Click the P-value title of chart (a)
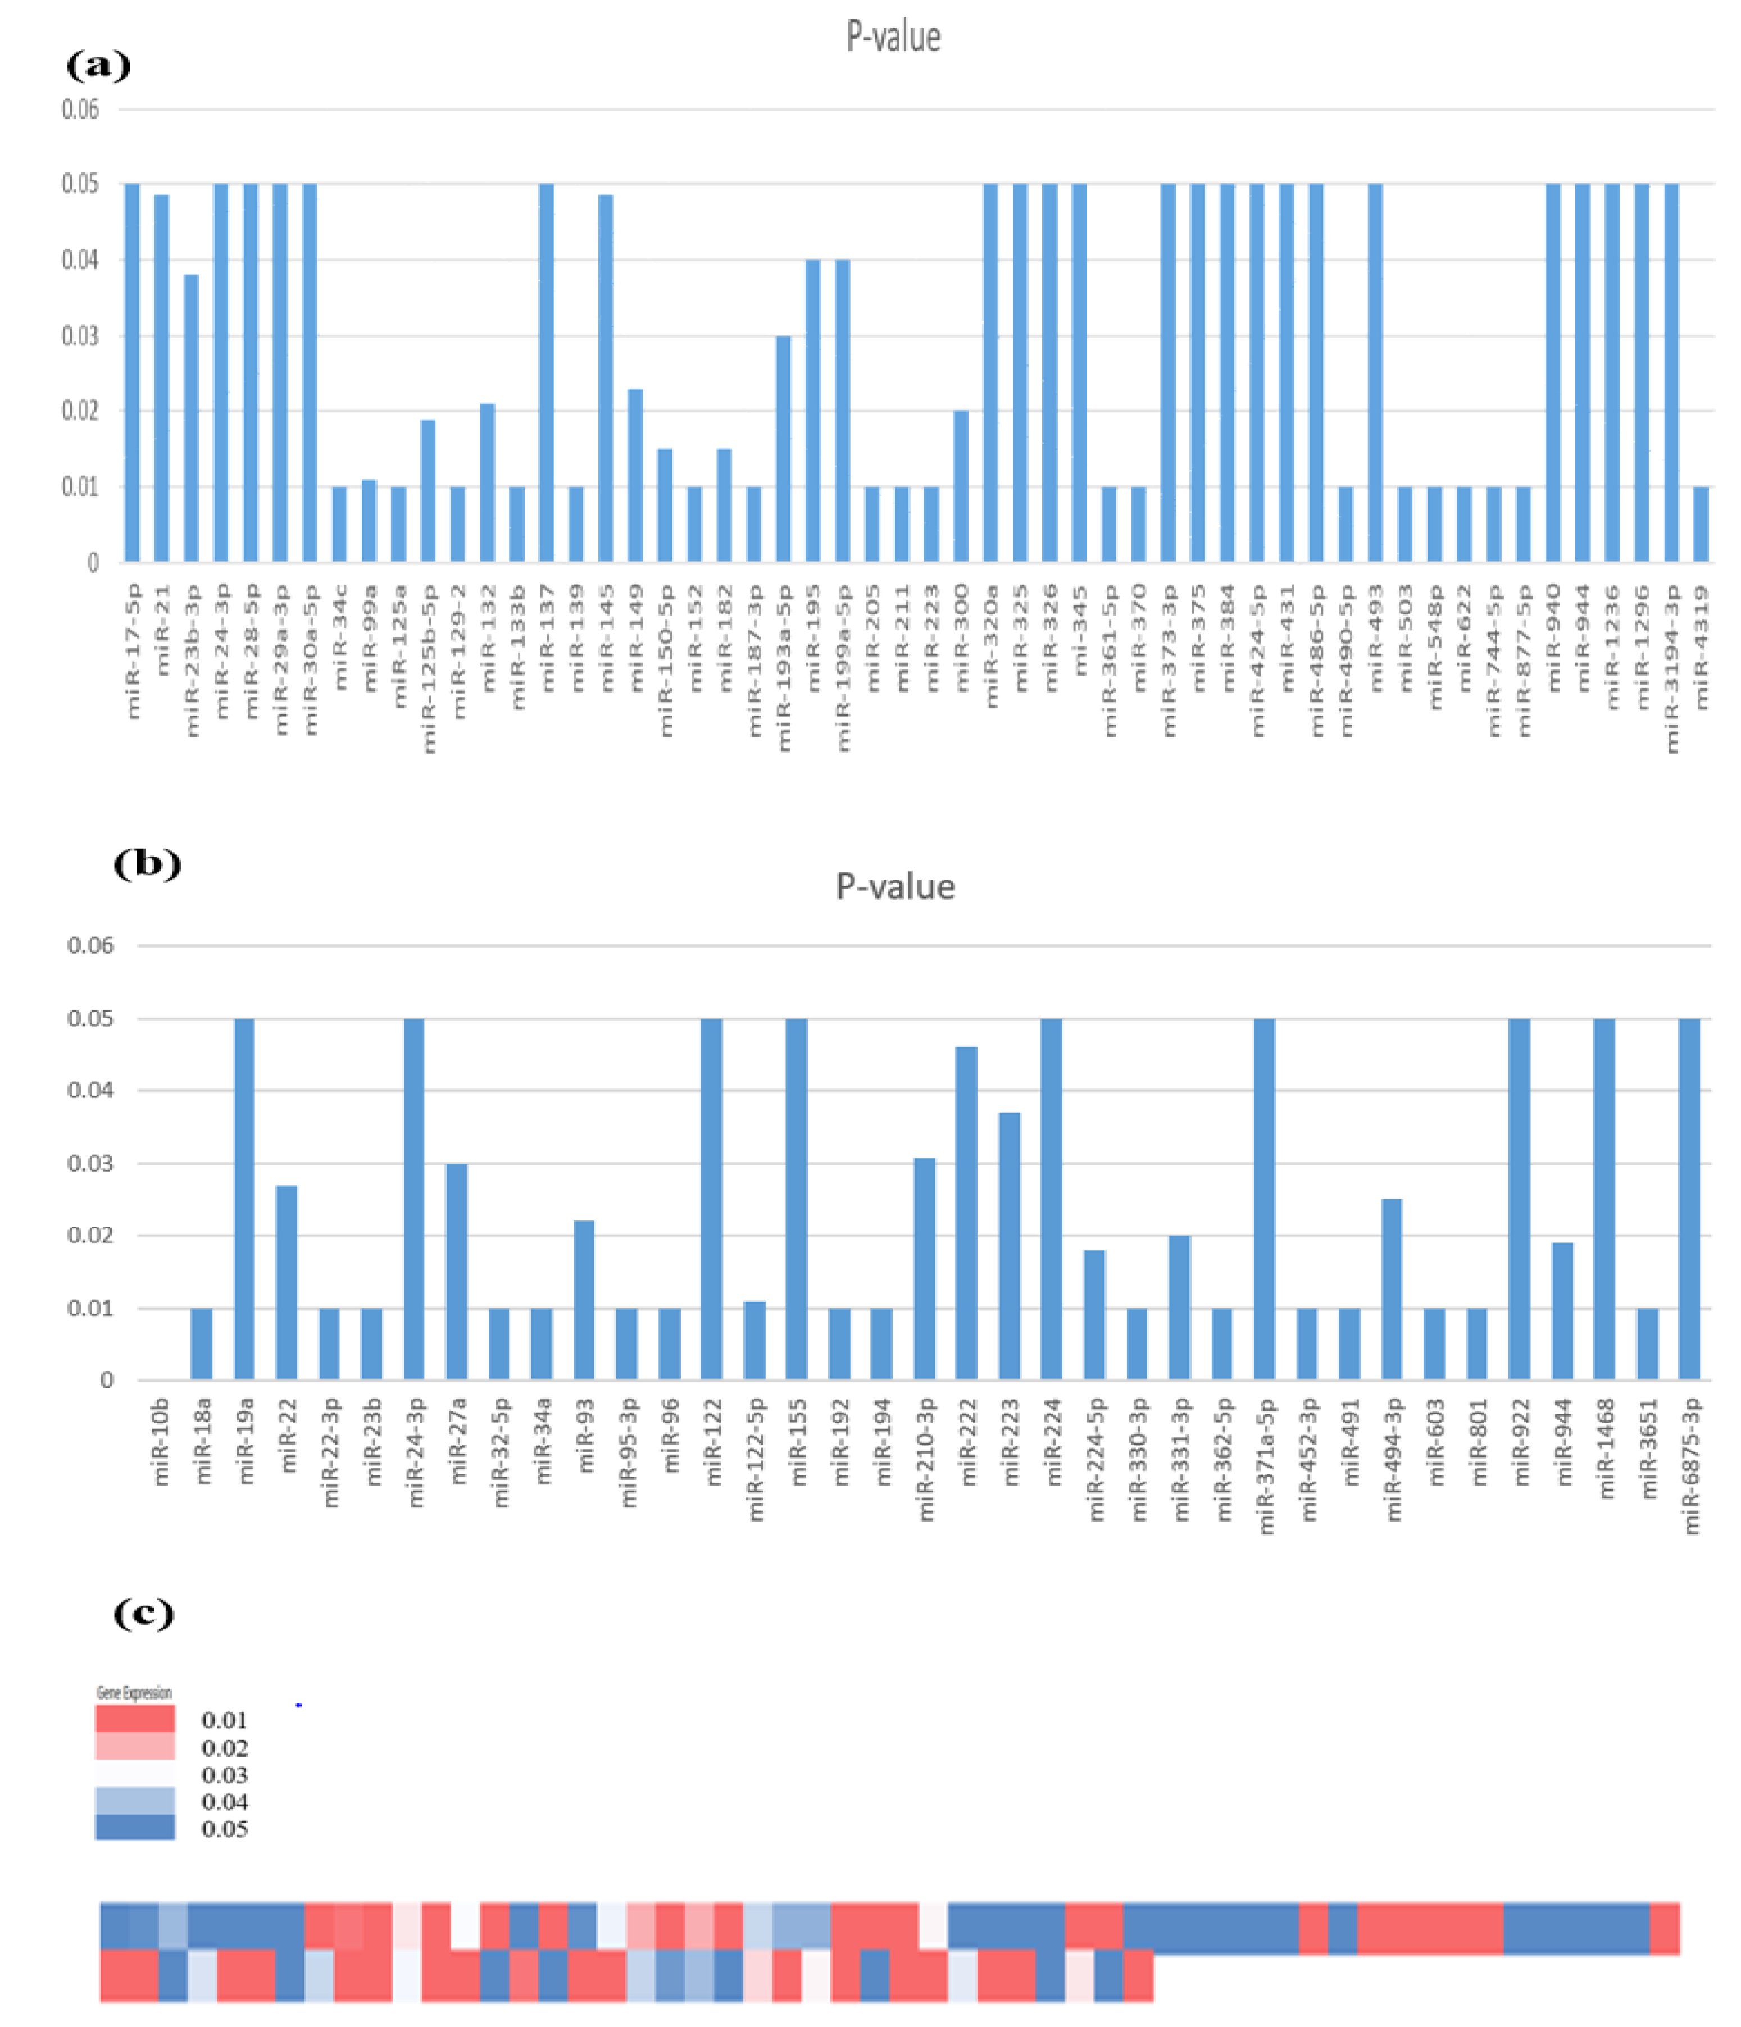point(893,37)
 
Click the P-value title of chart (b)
point(894,886)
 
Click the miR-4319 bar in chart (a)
point(1701,525)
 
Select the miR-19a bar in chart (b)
point(244,1199)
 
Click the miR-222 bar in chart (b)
point(966,1213)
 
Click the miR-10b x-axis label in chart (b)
point(161,1442)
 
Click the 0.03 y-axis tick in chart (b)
point(90,1163)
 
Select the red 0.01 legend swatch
point(135,1719)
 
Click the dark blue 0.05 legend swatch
point(135,1828)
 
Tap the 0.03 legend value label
point(224,1775)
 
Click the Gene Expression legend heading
point(134,1692)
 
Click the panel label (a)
point(98,66)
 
